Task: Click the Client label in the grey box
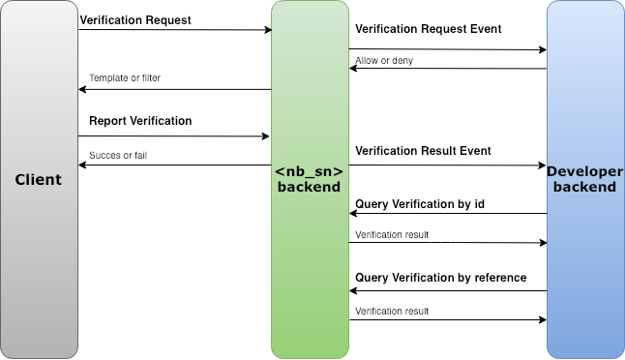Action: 39,180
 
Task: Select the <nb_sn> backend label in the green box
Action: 310,179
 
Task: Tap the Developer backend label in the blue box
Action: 584,179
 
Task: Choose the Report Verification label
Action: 140,121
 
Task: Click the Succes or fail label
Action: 118,155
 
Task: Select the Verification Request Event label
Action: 428,29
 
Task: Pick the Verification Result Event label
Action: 423,151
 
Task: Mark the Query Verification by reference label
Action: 440,278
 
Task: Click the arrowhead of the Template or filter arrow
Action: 82,90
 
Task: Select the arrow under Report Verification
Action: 174,136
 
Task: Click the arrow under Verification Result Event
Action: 447,165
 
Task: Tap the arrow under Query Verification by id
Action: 447,214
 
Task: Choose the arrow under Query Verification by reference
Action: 447,290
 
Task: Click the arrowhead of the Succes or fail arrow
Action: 82,165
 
